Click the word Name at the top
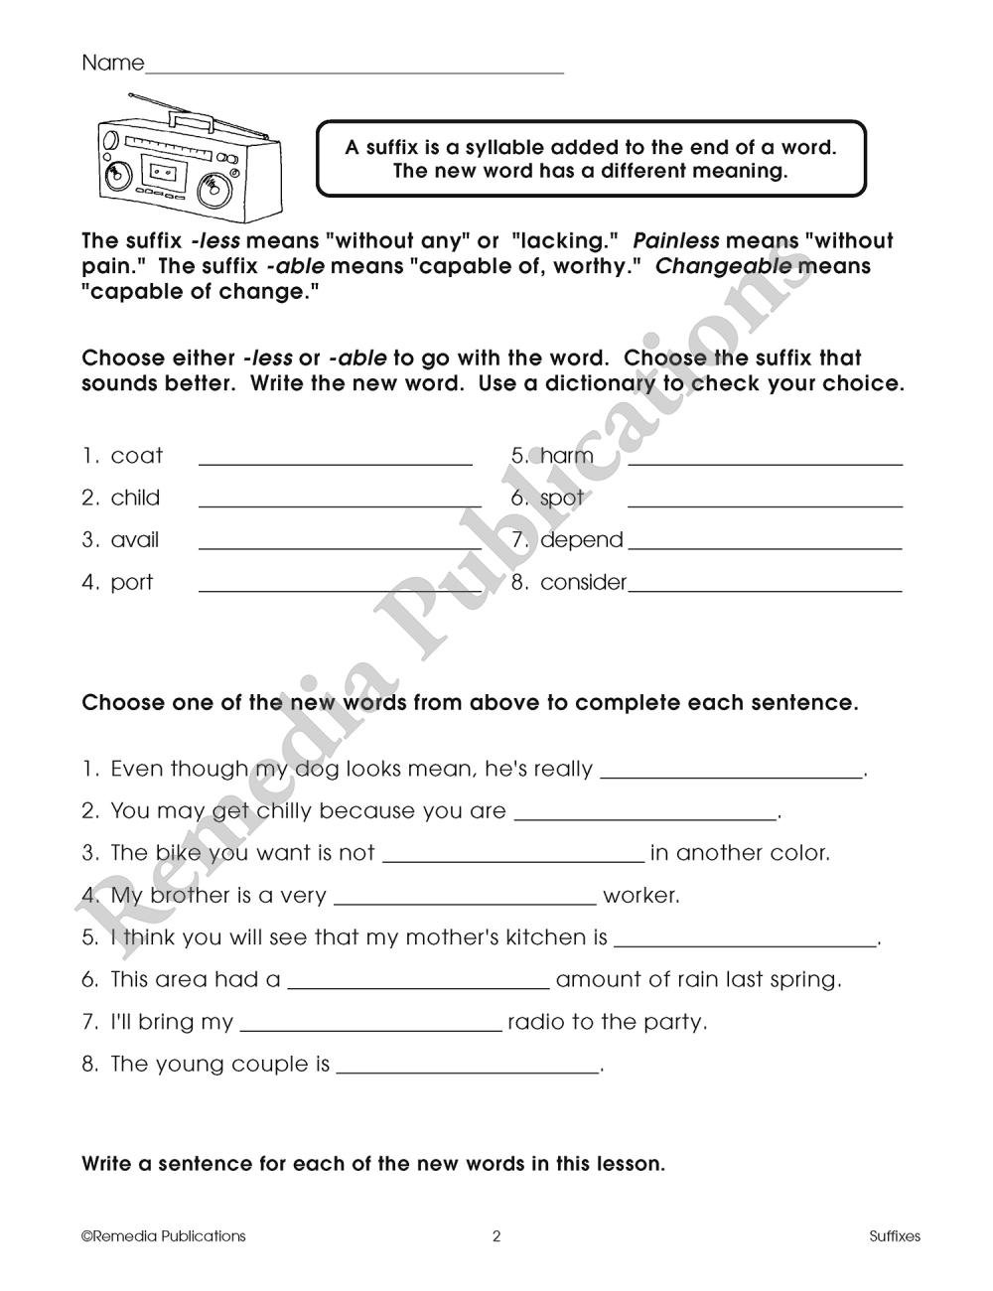point(112,64)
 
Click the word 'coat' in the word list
point(136,456)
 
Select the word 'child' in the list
point(135,498)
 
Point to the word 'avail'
point(135,540)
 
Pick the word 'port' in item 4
point(132,582)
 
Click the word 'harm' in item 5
point(566,456)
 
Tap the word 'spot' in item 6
point(562,499)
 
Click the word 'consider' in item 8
point(583,582)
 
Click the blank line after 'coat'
point(336,462)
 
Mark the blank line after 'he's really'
point(732,775)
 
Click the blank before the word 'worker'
point(465,901)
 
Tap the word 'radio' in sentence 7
point(536,1022)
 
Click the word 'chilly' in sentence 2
point(285,811)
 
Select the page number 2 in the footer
point(496,1236)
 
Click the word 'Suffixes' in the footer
point(894,1236)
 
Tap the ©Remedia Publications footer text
point(164,1236)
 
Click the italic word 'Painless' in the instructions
point(675,241)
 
